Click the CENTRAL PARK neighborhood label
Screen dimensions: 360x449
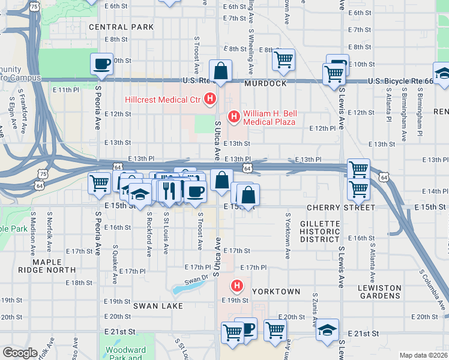pos(117,27)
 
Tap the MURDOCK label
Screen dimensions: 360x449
pos(266,83)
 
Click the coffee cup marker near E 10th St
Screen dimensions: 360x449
pos(102,63)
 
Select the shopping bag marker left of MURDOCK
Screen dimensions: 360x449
pos(221,70)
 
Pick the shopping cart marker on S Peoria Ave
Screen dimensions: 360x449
pos(99,183)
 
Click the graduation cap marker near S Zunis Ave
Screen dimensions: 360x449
pos(327,330)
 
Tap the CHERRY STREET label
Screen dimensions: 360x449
pos(340,208)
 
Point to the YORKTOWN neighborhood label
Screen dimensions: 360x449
pos(276,291)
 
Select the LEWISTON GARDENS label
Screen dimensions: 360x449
pos(379,292)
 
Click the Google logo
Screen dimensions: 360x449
pos(20,353)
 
